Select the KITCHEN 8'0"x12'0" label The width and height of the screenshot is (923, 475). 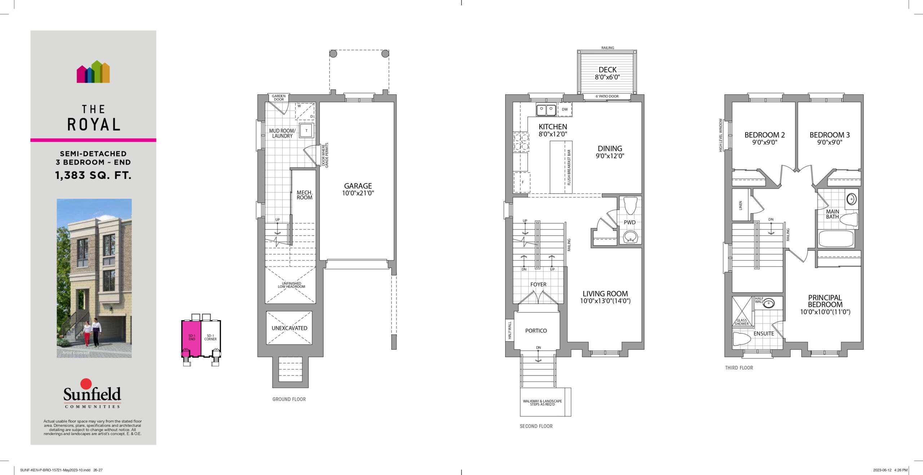click(x=553, y=130)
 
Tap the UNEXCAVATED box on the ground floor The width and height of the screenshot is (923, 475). click(x=289, y=328)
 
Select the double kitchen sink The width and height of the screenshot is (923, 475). click(x=546, y=110)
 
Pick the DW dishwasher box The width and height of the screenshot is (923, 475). click(x=565, y=109)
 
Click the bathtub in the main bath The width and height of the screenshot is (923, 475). click(x=836, y=239)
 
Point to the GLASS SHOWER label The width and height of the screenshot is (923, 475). click(x=742, y=322)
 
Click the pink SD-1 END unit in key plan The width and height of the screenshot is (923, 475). click(x=191, y=338)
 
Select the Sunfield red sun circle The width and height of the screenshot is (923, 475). click(x=86, y=384)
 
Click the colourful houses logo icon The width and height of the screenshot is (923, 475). click(x=93, y=72)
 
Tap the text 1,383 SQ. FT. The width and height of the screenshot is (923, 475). click(x=93, y=175)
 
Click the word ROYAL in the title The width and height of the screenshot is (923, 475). click(x=94, y=125)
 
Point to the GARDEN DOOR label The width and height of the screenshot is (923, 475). click(x=279, y=98)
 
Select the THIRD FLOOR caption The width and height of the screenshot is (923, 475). click(x=739, y=368)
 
